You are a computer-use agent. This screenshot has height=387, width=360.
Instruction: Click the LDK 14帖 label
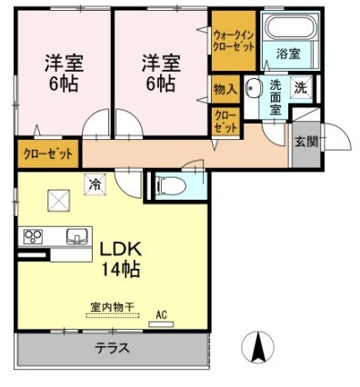118,257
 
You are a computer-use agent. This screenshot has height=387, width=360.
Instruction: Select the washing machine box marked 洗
300,87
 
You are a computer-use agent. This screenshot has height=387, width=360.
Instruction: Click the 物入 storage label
225,89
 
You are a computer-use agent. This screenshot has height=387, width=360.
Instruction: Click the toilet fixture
172,186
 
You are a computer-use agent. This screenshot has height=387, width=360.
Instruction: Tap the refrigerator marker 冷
95,184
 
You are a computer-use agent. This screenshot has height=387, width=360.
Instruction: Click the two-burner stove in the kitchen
34,236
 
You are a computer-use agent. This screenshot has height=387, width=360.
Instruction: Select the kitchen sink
76,236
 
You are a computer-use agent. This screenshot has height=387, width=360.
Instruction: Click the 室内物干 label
113,306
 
